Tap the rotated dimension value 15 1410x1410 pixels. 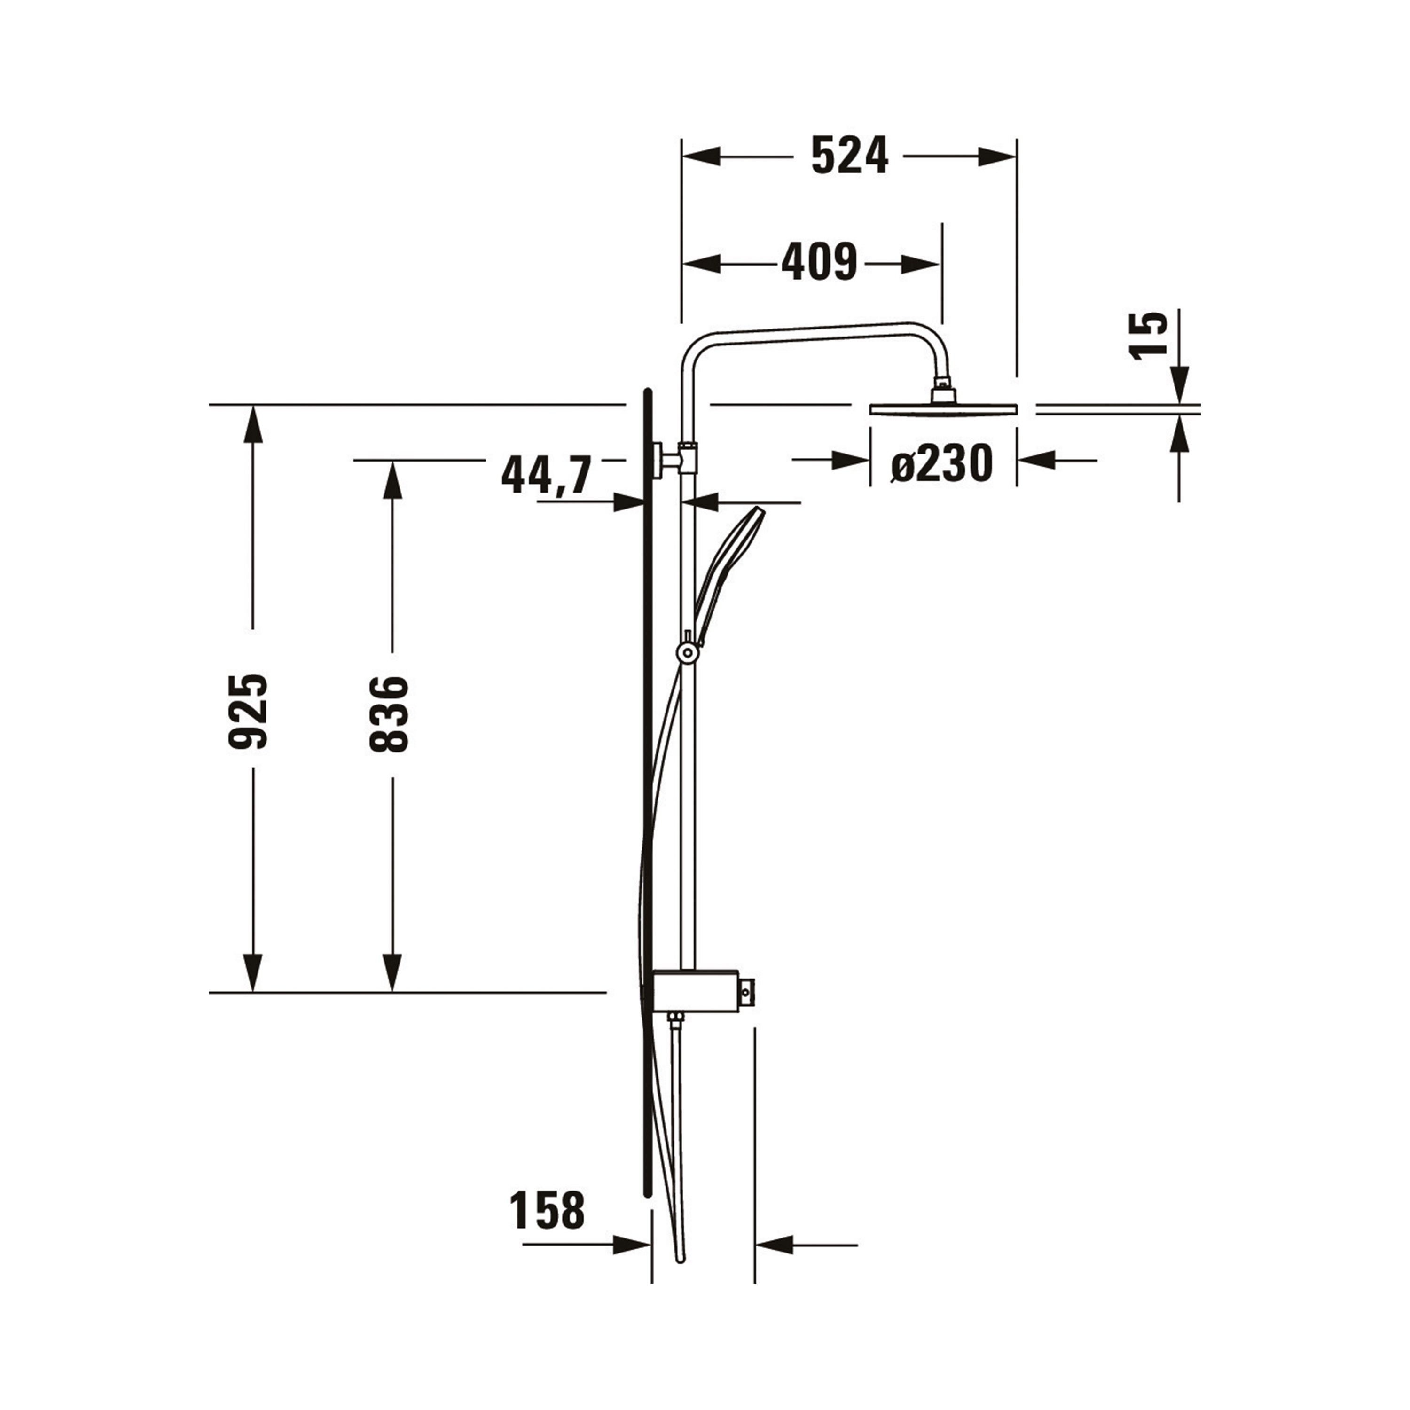click(1149, 335)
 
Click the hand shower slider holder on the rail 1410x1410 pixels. click(687, 652)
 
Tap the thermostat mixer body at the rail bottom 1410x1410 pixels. click(697, 990)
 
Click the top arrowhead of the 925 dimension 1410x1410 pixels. click(253, 425)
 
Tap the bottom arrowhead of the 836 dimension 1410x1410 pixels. click(392, 972)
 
